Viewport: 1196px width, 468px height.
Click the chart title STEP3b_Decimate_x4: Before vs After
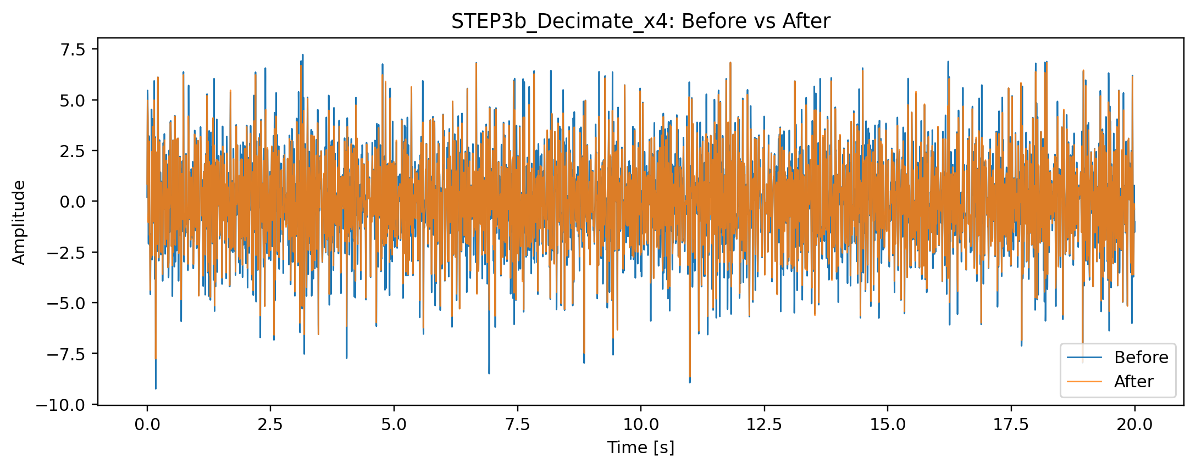tap(640, 21)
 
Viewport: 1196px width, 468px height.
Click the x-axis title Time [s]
tap(640, 448)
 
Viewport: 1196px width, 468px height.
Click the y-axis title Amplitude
tap(19, 222)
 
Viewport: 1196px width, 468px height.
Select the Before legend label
tap(1141, 358)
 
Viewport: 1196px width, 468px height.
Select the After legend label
tap(1133, 382)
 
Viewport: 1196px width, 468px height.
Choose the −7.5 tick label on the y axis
tap(68, 354)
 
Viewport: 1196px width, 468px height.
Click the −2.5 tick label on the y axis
tap(68, 253)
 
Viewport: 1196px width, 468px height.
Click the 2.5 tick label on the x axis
tap(270, 425)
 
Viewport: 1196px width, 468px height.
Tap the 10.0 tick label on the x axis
tap(640, 425)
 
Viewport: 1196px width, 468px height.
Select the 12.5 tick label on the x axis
tap(764, 425)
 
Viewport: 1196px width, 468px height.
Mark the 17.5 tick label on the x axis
tap(1011, 425)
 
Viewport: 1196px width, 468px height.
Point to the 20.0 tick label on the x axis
tap(1134, 425)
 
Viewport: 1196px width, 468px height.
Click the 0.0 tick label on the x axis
tap(147, 425)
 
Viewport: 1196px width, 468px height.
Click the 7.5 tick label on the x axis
tap(517, 425)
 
